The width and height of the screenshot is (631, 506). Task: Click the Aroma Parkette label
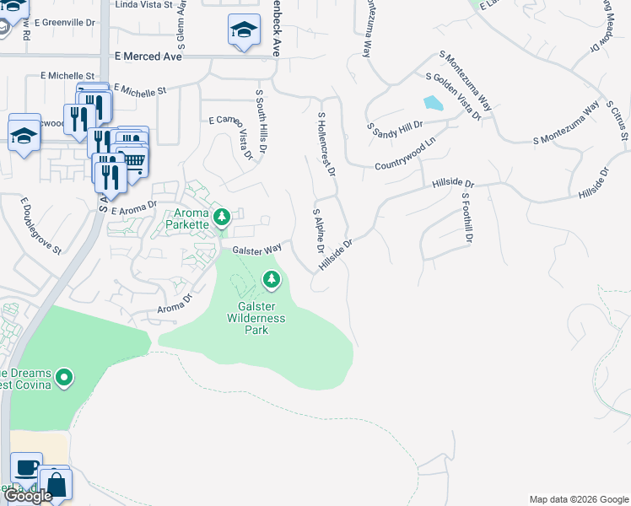point(186,219)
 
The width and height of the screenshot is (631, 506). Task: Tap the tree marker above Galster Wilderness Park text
point(271,278)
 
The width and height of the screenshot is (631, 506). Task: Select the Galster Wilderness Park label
point(256,318)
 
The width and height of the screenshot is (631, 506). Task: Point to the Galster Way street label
point(256,250)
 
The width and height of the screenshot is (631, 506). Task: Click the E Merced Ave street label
point(148,56)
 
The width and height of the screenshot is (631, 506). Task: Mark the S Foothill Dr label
point(464,218)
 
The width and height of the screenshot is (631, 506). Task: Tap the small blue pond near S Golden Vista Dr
point(433,104)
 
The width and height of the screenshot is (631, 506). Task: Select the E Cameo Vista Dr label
point(230,135)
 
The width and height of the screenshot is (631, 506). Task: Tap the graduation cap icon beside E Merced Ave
point(244,31)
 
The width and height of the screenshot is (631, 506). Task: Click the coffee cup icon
point(27,468)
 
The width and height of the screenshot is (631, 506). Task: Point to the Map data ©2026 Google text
point(578,499)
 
